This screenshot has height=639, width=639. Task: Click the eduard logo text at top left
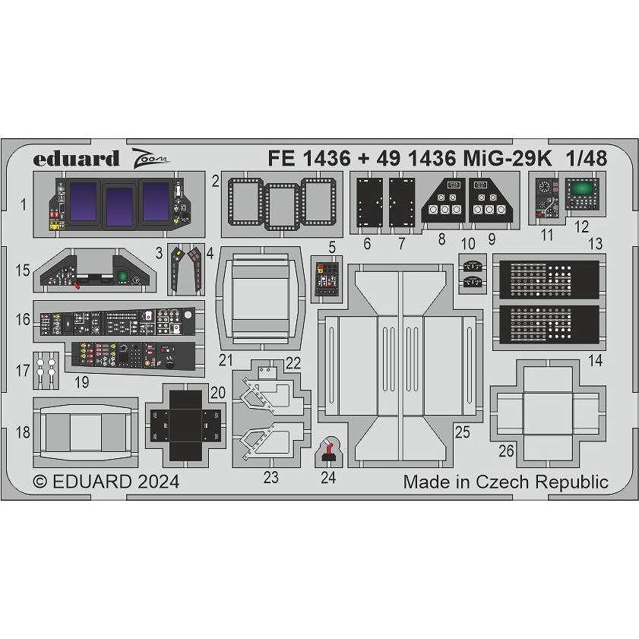[76, 159]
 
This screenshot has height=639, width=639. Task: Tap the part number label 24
[327, 478]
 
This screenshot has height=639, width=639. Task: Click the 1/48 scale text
[586, 159]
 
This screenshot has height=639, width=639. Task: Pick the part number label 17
[23, 372]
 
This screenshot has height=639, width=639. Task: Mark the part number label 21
[226, 359]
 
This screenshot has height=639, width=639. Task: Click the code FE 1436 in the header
[308, 159]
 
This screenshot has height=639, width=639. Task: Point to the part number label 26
[506, 451]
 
